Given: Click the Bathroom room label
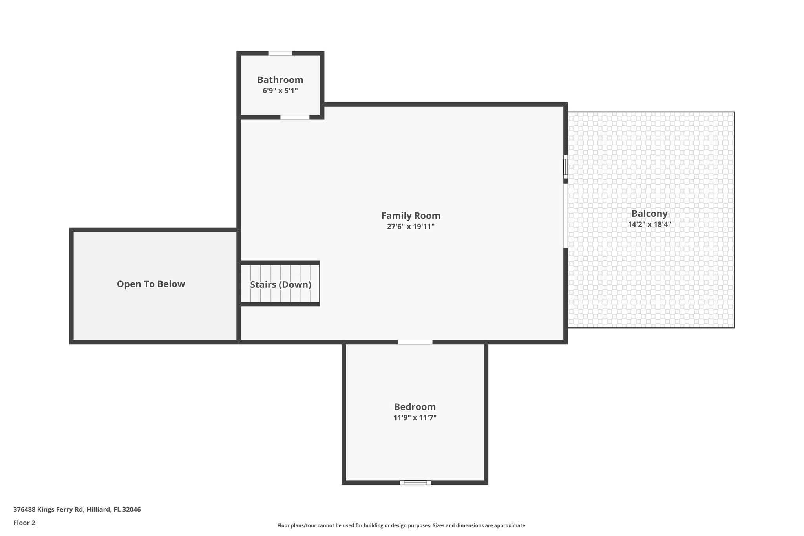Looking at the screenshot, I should tap(280, 80).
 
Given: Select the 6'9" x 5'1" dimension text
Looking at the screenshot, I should tap(280, 91).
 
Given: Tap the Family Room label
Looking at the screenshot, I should tap(411, 216).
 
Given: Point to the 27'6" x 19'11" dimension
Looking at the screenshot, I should tap(411, 227).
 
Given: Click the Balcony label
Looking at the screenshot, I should tap(649, 214).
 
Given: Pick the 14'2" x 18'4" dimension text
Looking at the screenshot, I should tap(649, 225).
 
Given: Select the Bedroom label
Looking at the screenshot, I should tap(415, 407).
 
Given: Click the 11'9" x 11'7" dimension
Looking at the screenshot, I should tap(415, 418).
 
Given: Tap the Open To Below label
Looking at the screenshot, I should tap(151, 284).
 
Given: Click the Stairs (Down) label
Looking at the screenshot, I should tap(281, 285).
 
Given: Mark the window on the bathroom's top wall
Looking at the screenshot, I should tap(280, 53).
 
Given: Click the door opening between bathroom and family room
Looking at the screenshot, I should tap(295, 117).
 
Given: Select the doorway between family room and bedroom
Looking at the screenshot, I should tap(415, 342).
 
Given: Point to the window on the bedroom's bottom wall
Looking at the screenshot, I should tap(415, 483).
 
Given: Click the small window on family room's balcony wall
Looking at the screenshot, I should tap(565, 167).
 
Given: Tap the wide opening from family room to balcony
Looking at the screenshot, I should tap(565, 216).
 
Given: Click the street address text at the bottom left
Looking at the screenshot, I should tap(77, 510).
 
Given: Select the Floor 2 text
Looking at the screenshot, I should tap(24, 523).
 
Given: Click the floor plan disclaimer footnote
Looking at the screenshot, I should tap(402, 525).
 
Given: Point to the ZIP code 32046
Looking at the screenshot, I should tap(132, 510).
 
